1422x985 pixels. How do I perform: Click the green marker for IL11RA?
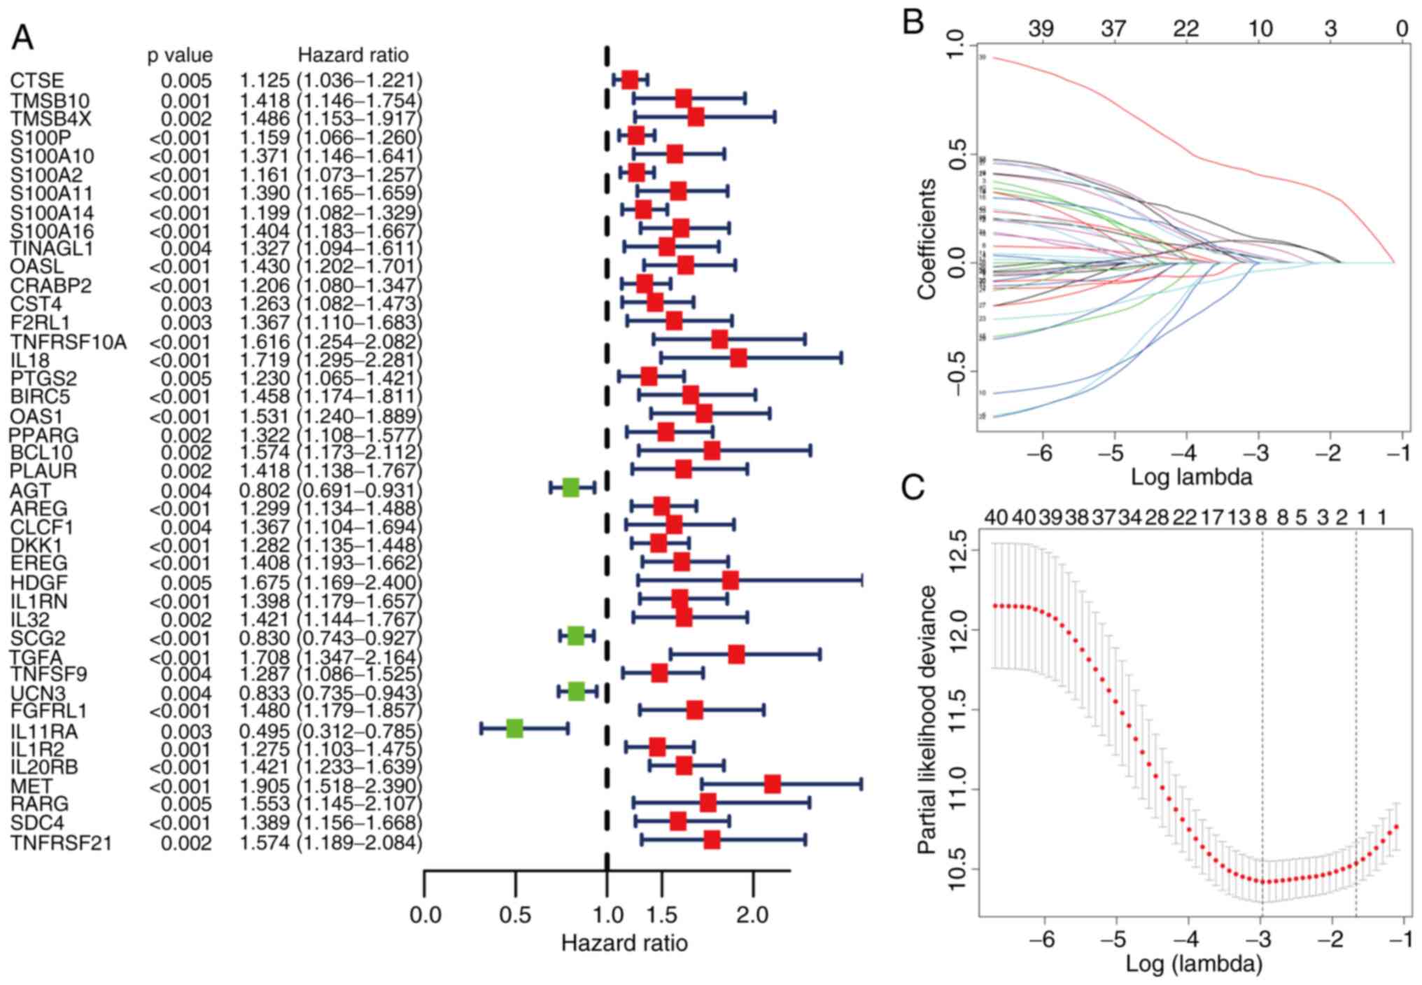(x=514, y=729)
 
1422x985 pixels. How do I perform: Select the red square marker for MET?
(x=772, y=784)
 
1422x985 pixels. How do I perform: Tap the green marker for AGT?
(x=571, y=488)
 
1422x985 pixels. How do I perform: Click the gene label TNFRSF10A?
(x=69, y=342)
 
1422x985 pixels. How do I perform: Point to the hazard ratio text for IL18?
(x=331, y=361)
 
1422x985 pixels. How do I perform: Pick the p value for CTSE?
(x=186, y=81)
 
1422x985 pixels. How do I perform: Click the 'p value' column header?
(x=180, y=55)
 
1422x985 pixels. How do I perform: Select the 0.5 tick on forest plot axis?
(x=515, y=916)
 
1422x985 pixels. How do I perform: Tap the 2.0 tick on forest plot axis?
(x=753, y=916)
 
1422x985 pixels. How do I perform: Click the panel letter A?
(x=22, y=38)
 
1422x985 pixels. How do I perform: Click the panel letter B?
(x=913, y=22)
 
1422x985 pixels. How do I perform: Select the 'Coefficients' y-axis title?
(x=927, y=239)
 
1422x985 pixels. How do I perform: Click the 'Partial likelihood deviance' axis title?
(x=927, y=720)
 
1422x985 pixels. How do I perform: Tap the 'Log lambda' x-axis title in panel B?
(x=1191, y=477)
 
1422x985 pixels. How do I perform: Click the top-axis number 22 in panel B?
(x=1185, y=29)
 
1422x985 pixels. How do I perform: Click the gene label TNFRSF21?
(x=61, y=843)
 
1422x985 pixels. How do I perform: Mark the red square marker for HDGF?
(x=730, y=580)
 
